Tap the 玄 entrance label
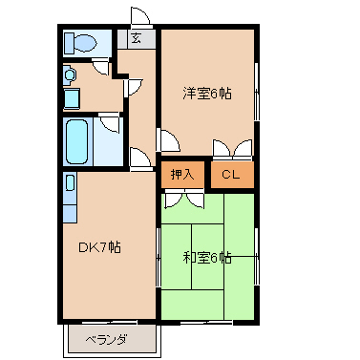coord(137,39)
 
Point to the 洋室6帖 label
coord(207,93)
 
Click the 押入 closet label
coord(181,174)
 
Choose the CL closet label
coord(231,174)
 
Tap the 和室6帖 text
coord(207,257)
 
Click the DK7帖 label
coord(98,247)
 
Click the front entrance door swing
coord(139,17)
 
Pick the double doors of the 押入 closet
coord(182,198)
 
